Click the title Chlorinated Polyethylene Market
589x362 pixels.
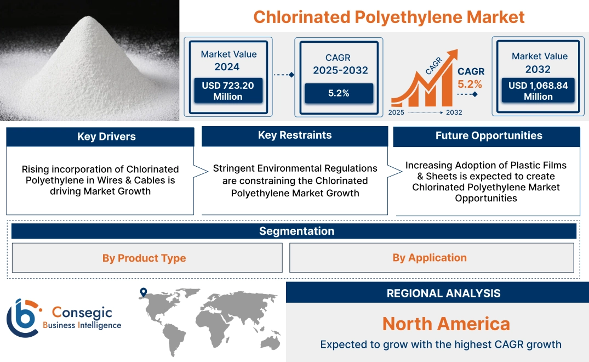pyautogui.click(x=388, y=16)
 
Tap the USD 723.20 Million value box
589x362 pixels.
pyautogui.click(x=227, y=91)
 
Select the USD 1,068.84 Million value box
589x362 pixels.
pyautogui.click(x=538, y=91)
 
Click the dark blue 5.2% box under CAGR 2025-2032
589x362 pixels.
pyautogui.click(x=339, y=93)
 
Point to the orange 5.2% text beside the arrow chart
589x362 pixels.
pyautogui.click(x=470, y=84)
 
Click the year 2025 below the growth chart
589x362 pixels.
pyautogui.click(x=397, y=112)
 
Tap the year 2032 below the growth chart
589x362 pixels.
pyautogui.click(x=454, y=112)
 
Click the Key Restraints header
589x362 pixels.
pyautogui.click(x=295, y=135)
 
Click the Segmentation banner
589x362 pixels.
pyautogui.click(x=296, y=231)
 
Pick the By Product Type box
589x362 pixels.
pyautogui.click(x=144, y=258)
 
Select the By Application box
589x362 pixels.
pyautogui.click(x=430, y=258)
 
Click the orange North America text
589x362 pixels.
pyautogui.click(x=446, y=324)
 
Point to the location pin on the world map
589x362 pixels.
pyautogui.click(x=144, y=292)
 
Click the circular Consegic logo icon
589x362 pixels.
pyautogui.click(x=22, y=318)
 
